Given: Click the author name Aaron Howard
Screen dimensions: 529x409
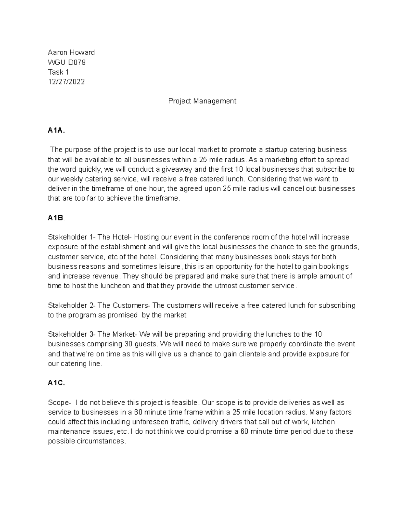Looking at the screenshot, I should point(71,52).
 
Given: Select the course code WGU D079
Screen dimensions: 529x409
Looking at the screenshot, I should point(67,62).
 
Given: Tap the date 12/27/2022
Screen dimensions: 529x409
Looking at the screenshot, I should point(66,82).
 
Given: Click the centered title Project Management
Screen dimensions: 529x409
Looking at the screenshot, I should point(202,101).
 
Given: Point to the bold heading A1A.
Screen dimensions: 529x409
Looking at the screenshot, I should point(56,130).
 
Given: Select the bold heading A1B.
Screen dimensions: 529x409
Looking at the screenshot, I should point(56,218).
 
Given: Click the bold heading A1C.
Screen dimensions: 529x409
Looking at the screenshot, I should point(56,383).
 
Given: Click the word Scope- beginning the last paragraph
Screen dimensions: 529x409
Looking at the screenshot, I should point(60,403).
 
